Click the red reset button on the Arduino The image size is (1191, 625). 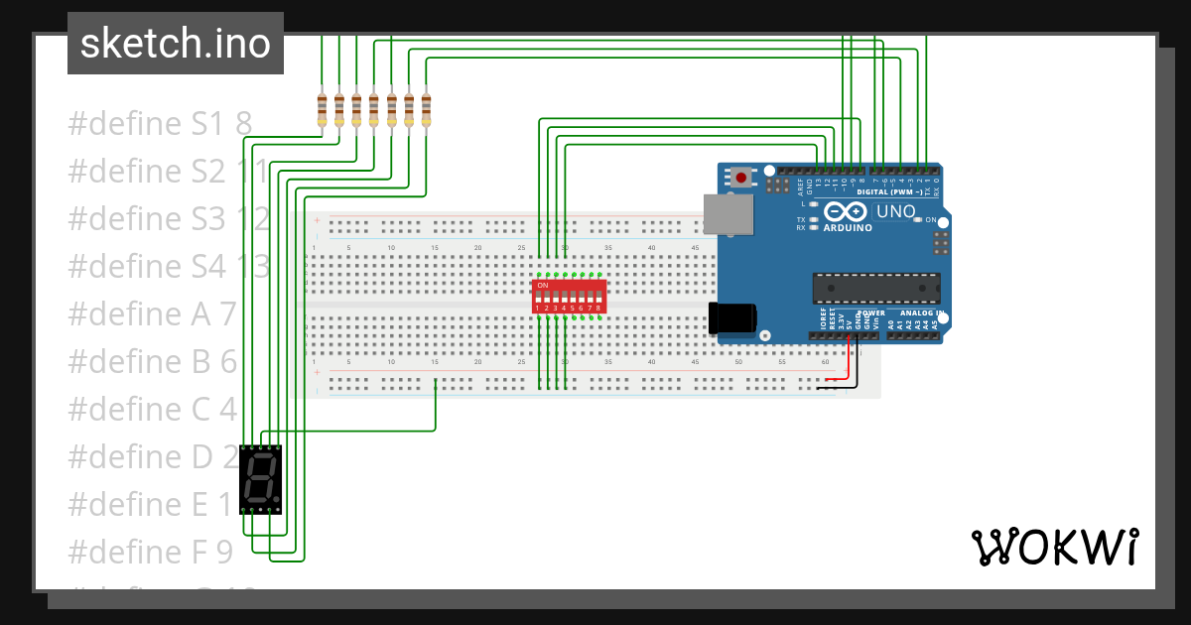click(740, 179)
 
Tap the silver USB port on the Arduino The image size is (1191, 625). click(728, 214)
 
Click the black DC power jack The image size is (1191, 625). click(732, 317)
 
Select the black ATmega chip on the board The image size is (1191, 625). click(875, 288)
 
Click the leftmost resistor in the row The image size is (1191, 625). click(322, 109)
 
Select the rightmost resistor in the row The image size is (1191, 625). click(427, 109)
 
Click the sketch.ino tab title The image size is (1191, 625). click(176, 44)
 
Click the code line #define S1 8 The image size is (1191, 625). click(160, 124)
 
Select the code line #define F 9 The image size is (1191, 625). click(150, 551)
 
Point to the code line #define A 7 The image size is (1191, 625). click(152, 313)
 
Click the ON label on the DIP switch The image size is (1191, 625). click(542, 286)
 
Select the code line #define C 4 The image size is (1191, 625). click(152, 409)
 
